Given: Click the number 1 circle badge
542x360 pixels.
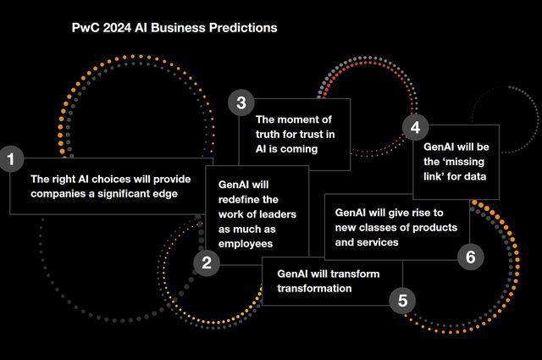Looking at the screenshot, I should pyautogui.click(x=10, y=158).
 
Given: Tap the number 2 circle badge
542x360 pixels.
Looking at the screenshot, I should pyautogui.click(x=206, y=263).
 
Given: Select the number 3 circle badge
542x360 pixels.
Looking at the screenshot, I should pyautogui.click(x=241, y=103).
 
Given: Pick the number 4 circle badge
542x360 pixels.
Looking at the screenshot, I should pyautogui.click(x=415, y=128).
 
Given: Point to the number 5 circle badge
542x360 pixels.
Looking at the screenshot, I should pyautogui.click(x=402, y=300).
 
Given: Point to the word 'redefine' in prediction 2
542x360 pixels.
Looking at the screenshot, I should pyautogui.click(x=239, y=199).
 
